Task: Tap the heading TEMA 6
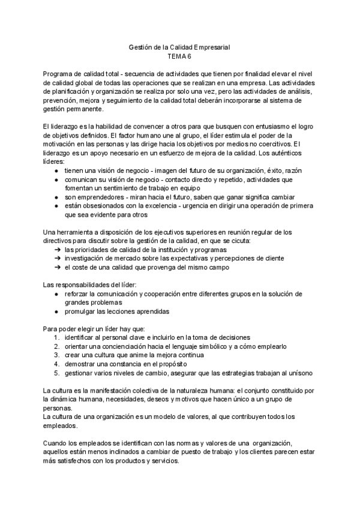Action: [x=180, y=56]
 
